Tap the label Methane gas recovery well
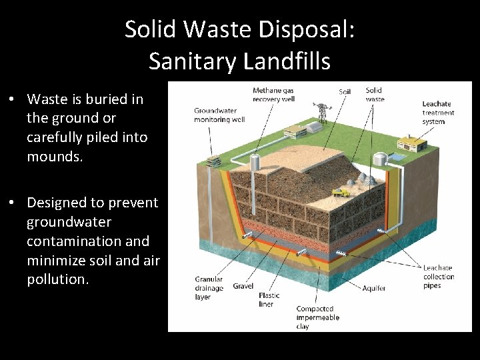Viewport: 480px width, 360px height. pos(273,95)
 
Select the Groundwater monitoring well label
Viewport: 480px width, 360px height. pos(219,115)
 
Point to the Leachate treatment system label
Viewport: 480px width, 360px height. pos(438,113)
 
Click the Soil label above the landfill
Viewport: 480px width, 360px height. pos(345,92)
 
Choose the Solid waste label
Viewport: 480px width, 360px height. pos(375,95)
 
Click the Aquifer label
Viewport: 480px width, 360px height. pos(374,289)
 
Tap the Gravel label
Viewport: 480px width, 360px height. pos(243,286)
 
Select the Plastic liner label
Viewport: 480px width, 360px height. pos(269,299)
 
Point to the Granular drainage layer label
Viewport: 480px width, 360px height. pos(209,288)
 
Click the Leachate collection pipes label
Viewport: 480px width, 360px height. pos(438,277)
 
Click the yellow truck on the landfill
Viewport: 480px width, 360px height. pos(340,191)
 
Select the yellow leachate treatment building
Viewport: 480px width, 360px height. pos(411,143)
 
